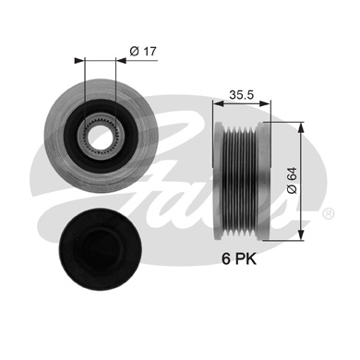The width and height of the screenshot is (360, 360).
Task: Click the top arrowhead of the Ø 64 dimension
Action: [x=302, y=124]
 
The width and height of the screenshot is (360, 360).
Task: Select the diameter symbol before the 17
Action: [x=133, y=51]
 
